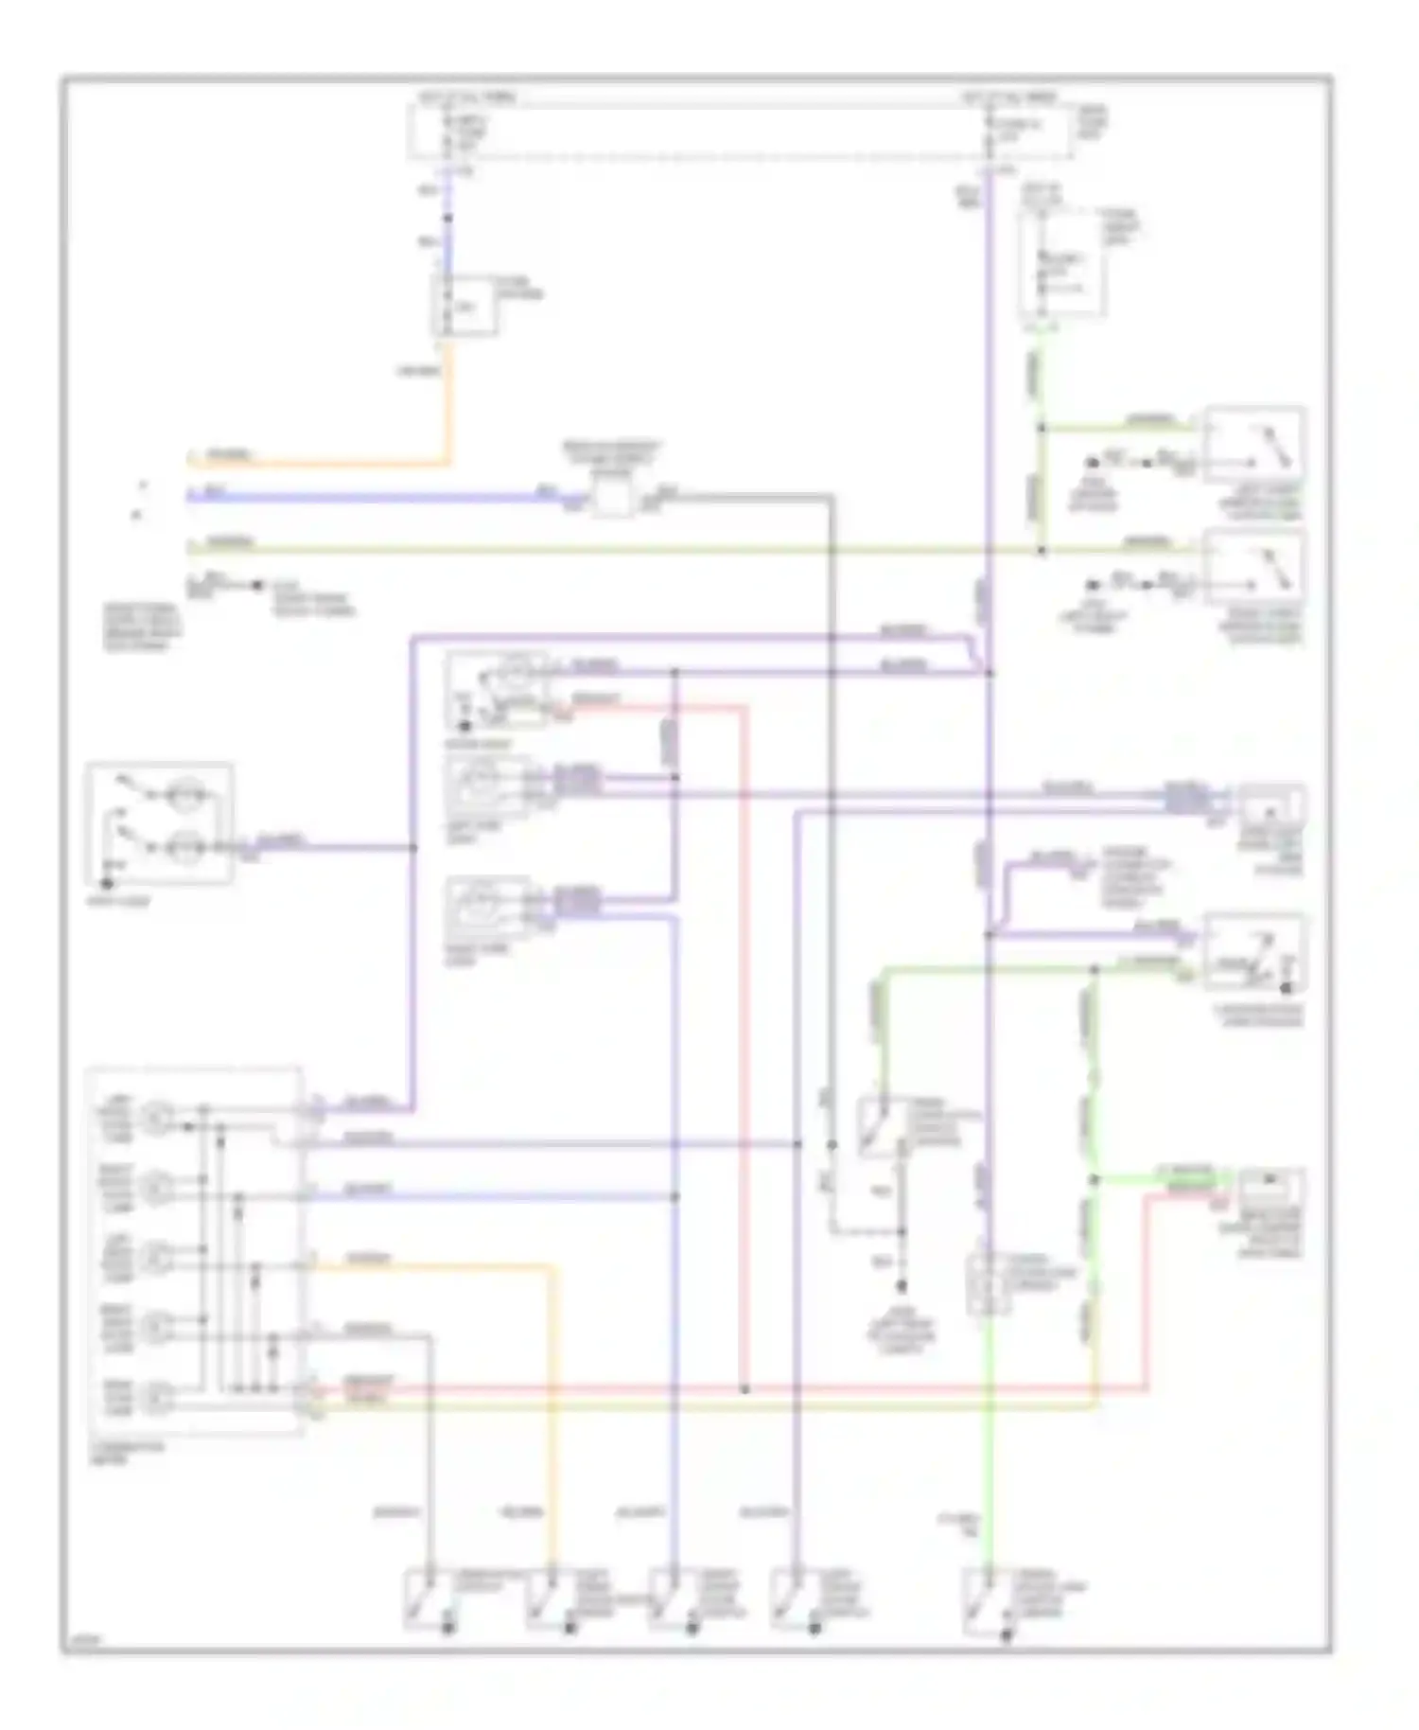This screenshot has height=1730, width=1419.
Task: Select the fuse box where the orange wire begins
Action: pos(464,305)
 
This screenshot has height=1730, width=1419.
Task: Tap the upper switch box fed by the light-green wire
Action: pos(1254,445)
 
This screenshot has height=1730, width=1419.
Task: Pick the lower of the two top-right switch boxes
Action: pos(1254,568)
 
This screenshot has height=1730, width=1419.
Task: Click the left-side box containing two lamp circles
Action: pos(160,822)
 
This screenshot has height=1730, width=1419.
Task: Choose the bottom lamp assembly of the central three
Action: pos(486,907)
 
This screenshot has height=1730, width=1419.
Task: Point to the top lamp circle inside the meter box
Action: pos(154,1117)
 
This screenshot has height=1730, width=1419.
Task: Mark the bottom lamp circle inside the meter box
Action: pos(154,1395)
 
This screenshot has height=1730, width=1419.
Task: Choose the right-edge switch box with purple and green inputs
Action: pos(1254,952)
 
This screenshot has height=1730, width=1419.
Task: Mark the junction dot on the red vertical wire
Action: pos(745,1389)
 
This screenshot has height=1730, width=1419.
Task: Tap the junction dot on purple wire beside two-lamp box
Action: pos(413,847)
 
